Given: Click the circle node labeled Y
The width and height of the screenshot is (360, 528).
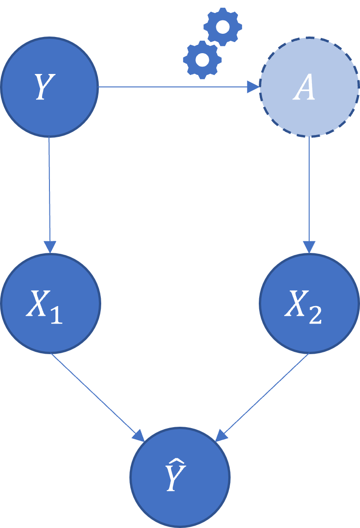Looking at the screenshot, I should (x=49, y=87).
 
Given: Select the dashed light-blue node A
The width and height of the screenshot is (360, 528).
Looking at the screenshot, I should (x=309, y=87).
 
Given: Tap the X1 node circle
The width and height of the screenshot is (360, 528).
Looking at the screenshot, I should (x=50, y=303).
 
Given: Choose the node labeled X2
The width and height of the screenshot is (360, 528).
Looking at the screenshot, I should (x=309, y=303).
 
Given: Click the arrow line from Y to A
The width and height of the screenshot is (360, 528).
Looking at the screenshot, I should (x=176, y=87).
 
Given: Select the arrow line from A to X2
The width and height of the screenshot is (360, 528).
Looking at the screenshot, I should (x=309, y=190).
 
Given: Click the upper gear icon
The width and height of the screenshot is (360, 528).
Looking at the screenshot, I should (x=223, y=27).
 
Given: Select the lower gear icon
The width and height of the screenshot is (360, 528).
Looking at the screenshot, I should (x=202, y=60).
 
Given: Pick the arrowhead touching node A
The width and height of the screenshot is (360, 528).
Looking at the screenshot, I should (x=253, y=87).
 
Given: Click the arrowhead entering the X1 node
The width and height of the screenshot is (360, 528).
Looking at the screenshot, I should (x=50, y=247).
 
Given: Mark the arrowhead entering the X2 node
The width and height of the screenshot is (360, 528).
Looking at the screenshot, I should (x=309, y=247).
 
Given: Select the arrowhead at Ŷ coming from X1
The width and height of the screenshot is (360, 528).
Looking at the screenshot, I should (x=139, y=435).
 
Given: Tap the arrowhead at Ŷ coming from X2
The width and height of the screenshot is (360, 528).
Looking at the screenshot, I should (x=222, y=435).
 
